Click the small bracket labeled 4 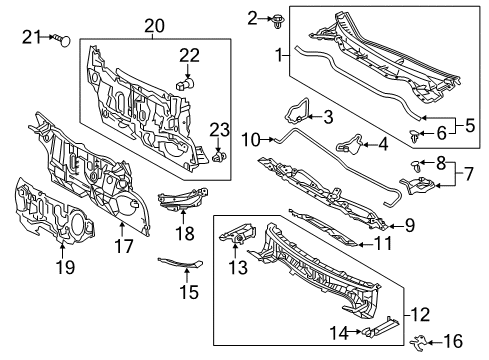pos(352,144)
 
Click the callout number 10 pos(250,138)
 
